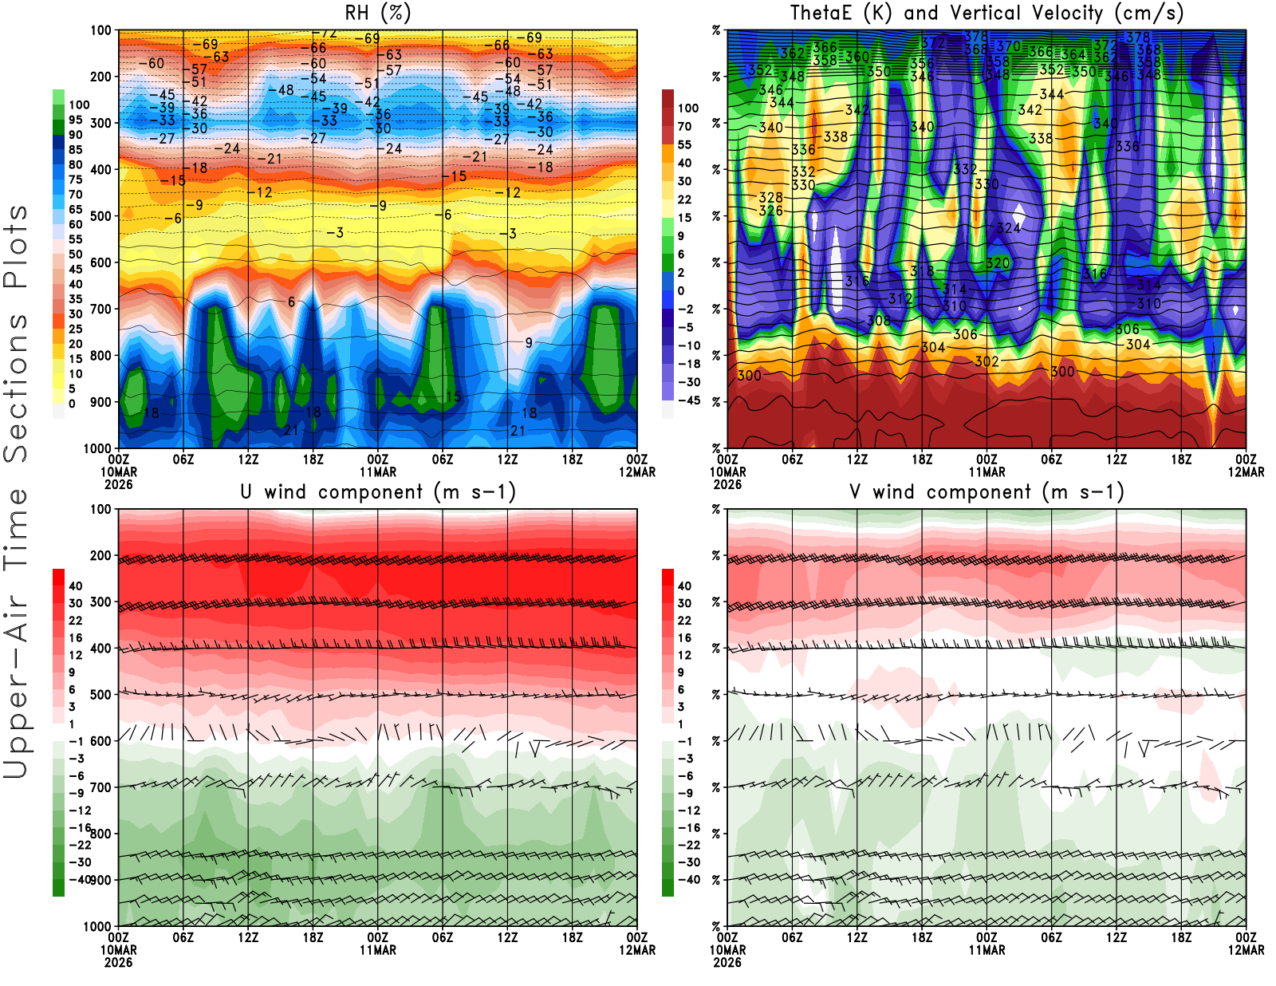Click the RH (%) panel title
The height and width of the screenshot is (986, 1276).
pyautogui.click(x=377, y=13)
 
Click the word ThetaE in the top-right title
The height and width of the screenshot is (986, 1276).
pyautogui.click(x=821, y=13)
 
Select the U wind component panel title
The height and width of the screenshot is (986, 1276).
pyautogui.click(x=378, y=492)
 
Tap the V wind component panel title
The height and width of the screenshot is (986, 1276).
pyautogui.click(x=987, y=492)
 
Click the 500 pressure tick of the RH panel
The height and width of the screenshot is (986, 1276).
pyautogui.click(x=100, y=216)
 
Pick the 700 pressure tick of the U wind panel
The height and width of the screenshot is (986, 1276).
pyautogui.click(x=100, y=787)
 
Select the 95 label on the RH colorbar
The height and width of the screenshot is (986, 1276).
pyautogui.click(x=75, y=120)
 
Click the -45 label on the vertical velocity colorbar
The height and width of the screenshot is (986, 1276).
pyautogui.click(x=688, y=400)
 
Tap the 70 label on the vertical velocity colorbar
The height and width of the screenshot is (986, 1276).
pyautogui.click(x=684, y=126)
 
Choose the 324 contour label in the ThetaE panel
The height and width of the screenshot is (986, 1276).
pyautogui.click(x=1008, y=228)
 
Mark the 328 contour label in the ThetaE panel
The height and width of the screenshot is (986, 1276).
pyautogui.click(x=770, y=198)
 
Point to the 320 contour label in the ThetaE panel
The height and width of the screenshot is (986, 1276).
pyautogui.click(x=998, y=263)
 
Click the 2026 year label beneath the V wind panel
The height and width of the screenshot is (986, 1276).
pyautogui.click(x=727, y=962)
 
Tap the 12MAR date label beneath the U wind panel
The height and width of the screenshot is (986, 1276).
pyautogui.click(x=637, y=950)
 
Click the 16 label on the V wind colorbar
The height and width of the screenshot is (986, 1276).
pyautogui.click(x=684, y=638)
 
